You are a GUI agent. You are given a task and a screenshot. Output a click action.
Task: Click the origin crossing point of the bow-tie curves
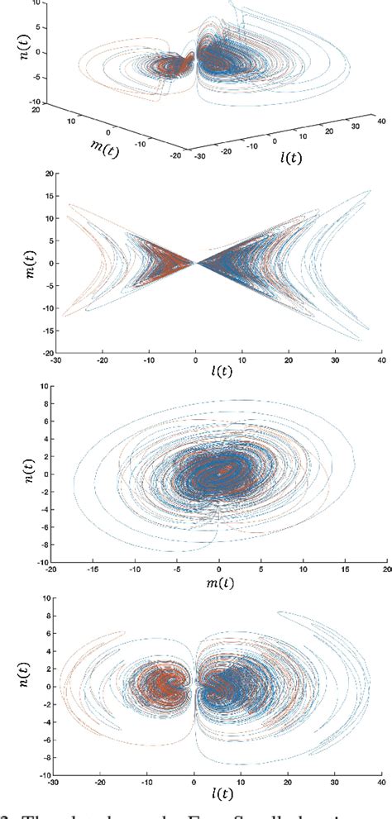click(x=195, y=263)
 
